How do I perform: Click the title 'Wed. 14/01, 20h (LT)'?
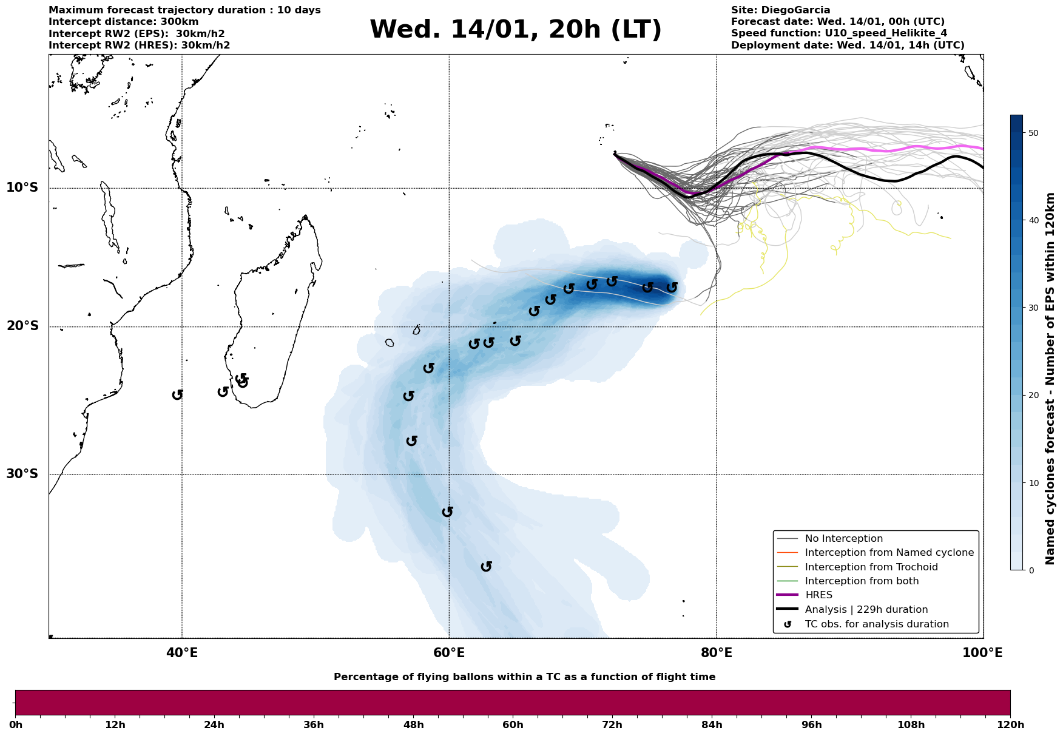[515, 30]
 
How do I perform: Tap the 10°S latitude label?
[22, 187]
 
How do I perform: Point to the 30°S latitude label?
[22, 474]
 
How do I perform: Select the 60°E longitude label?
[449, 653]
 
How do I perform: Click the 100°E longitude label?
[982, 653]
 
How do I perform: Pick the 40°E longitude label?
[182, 653]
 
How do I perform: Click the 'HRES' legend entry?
[818, 595]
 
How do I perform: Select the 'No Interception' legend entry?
[843, 539]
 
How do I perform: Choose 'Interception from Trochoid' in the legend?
[871, 567]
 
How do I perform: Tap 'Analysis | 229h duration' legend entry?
[866, 610]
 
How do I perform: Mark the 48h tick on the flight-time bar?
[414, 725]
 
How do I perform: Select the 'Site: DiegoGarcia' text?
[780, 10]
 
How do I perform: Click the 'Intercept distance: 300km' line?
[123, 22]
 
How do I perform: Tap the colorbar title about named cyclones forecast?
[1051, 379]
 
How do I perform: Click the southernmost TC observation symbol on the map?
[486, 567]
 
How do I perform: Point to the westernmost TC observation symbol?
[177, 395]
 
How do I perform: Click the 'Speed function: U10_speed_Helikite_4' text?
[839, 33]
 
